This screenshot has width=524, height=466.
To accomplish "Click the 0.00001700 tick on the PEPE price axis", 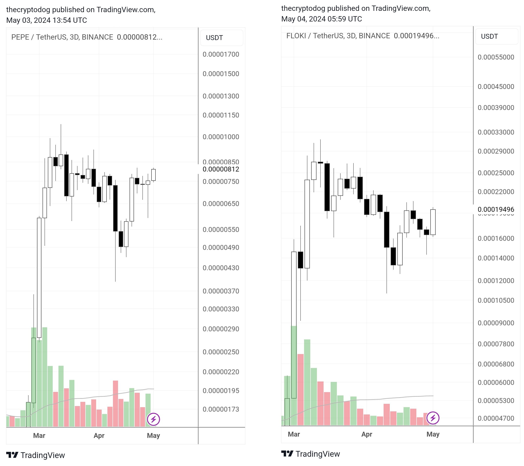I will [x=221, y=54].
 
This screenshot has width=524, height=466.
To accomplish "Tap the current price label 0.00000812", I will [x=221, y=169].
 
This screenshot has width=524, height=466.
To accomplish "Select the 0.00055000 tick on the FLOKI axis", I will [x=496, y=57].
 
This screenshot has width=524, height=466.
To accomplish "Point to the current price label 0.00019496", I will [x=496, y=209].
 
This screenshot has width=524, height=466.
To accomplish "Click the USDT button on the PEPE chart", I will [x=221, y=38].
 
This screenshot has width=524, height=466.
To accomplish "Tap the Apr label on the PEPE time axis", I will [x=99, y=435].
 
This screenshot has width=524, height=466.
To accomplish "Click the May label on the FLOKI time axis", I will [x=433, y=434].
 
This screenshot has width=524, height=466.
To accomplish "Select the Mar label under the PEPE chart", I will [x=39, y=435].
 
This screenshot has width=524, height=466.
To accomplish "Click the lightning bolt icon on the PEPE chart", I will [x=153, y=419].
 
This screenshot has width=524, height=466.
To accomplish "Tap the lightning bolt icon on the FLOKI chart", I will [x=433, y=418].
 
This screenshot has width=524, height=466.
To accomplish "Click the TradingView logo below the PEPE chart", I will [x=36, y=455].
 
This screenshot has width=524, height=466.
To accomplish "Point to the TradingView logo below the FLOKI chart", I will [x=311, y=454].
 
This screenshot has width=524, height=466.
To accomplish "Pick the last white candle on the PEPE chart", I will [x=153, y=175].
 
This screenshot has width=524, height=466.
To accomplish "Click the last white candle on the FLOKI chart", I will [x=433, y=222].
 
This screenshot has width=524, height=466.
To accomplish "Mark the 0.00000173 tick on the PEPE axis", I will [x=221, y=409].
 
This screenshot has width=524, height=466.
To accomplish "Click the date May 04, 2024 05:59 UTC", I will [x=322, y=19].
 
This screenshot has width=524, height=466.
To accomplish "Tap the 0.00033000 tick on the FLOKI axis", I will [x=496, y=132].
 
